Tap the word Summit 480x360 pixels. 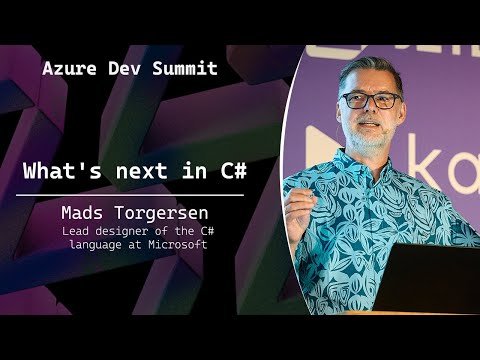pos(183,70)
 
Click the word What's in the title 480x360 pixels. pos(61,171)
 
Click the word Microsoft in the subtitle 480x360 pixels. pos(179,246)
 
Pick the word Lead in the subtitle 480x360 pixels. pos(99,234)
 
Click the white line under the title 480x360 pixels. pos(135,195)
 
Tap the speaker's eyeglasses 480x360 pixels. pos(369,100)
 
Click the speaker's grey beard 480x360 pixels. pos(370,138)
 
